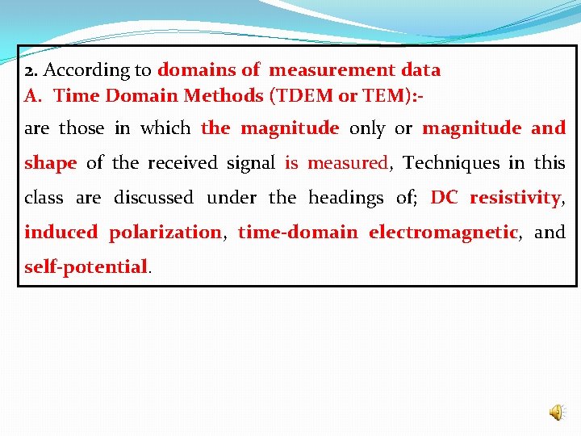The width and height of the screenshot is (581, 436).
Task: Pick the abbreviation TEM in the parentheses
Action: pos(384,95)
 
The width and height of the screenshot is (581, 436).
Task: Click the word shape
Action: pos(50,163)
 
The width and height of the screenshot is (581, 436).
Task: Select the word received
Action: pos(182,163)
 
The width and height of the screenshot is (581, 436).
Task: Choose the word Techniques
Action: pos(452,163)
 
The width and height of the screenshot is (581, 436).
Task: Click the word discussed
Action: pos(153,198)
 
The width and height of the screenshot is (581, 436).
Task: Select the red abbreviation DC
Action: pos(445,198)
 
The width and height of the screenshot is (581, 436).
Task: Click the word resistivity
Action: pos(515,198)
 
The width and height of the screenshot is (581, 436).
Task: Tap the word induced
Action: pos(61,233)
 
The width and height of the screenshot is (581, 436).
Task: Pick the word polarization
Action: pos(165,233)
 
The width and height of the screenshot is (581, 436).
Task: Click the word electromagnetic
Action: pos(443,233)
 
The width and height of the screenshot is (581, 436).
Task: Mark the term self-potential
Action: pos(86,266)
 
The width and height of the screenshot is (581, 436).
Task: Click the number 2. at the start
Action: pos(31,70)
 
